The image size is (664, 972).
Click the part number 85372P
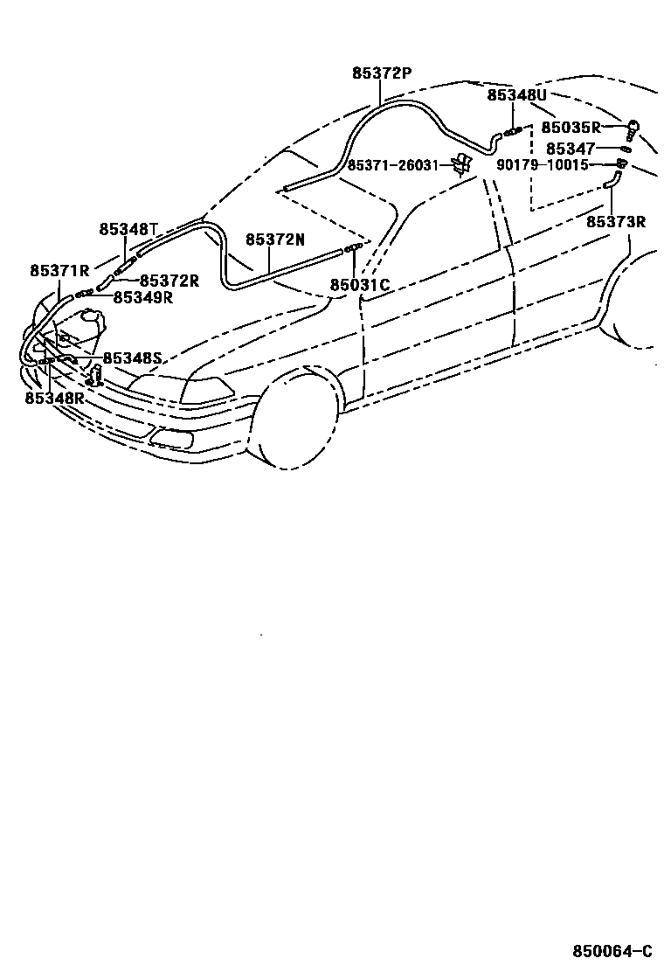click(x=381, y=74)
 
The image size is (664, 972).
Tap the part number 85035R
click(x=571, y=128)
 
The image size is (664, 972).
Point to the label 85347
click(x=571, y=149)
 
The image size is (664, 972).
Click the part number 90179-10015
click(x=543, y=164)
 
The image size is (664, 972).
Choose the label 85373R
click(x=615, y=222)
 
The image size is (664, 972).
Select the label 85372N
click(x=275, y=240)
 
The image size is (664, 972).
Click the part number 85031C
click(x=359, y=284)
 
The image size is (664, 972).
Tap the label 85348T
click(x=128, y=229)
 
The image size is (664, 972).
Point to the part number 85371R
click(x=59, y=271)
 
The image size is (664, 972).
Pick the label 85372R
click(x=169, y=281)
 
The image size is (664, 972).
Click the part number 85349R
click(x=143, y=297)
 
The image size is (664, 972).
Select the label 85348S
click(x=133, y=358)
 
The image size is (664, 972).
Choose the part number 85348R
click(x=54, y=398)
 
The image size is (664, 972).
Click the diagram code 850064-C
click(x=612, y=951)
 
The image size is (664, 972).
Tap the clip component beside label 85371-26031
click(x=462, y=163)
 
